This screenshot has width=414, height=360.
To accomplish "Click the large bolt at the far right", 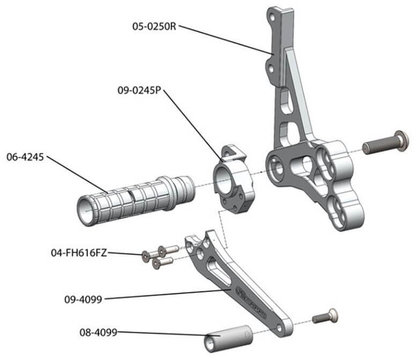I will pos(384,144).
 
